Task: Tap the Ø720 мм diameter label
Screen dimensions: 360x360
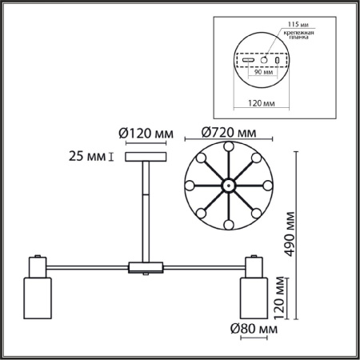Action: pyautogui.click(x=230, y=132)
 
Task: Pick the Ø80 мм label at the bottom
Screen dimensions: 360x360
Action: pyautogui.click(x=254, y=328)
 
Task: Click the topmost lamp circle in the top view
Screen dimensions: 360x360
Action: pyautogui.click(x=228, y=148)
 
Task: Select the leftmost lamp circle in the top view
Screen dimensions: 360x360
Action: pyautogui.click(x=190, y=186)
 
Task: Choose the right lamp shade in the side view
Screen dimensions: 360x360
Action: pyautogui.click(x=253, y=295)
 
